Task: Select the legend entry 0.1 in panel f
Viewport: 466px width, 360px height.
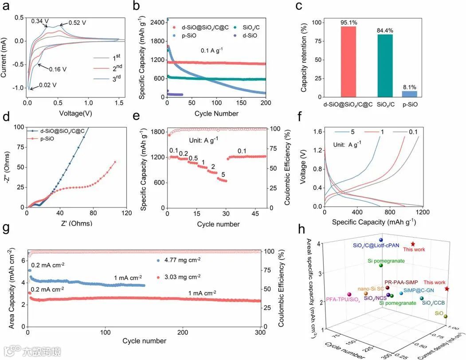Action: [x=415, y=132]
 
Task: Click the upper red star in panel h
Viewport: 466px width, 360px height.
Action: [x=413, y=244]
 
